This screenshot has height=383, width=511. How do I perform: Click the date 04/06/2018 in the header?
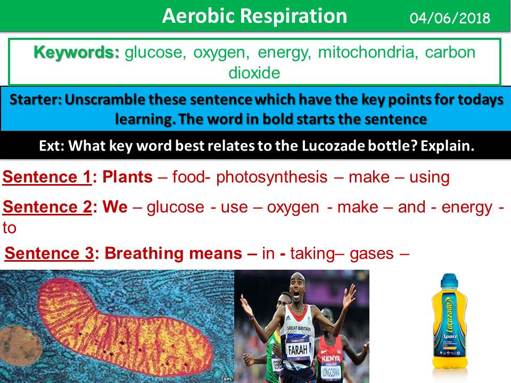click(450, 18)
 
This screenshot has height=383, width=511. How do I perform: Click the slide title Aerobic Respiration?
click(254, 16)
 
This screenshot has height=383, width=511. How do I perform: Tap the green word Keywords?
click(77, 53)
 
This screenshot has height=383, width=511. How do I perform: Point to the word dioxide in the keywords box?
click(254, 72)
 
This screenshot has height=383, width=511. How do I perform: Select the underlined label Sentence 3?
click(49, 253)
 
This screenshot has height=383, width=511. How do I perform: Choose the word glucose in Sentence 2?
click(175, 206)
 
